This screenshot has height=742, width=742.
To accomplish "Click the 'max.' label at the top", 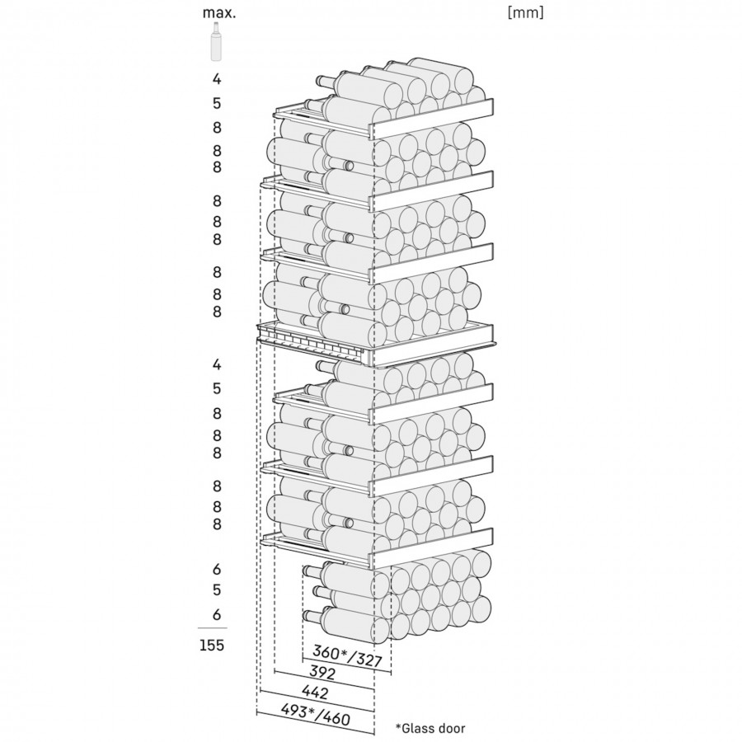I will pos(217,13).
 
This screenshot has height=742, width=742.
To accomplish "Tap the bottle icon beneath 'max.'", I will pos(217,42).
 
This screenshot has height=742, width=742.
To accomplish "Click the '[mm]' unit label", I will pos(526,12).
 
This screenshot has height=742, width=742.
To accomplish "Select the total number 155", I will pos(211,646).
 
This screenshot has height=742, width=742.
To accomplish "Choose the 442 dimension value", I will pos(315,693).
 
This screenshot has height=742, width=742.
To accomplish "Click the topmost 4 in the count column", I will pos(217,80).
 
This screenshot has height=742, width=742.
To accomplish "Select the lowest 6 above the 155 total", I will pos(217,614).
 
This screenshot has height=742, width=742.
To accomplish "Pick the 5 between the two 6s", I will pos(217,590).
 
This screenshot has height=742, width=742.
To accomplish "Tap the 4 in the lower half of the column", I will pos(217,364).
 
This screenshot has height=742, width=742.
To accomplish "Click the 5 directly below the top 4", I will pos(217,104).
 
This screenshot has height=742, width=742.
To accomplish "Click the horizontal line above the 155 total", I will pos(212,628).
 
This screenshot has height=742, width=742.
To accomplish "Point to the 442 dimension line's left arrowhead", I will pos(262,701).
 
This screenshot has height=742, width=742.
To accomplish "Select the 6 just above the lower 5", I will pos(217,569).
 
